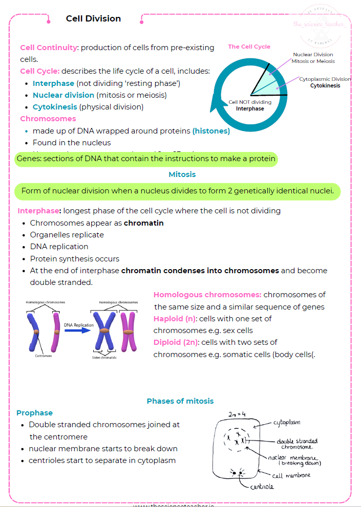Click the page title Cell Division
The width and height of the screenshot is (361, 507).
pos(93,19)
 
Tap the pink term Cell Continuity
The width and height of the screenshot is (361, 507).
pos(49,48)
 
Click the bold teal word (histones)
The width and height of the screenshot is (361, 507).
pos(211,131)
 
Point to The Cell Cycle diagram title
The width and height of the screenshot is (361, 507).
pos(249,47)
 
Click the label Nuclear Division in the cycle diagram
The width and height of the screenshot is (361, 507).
pos(313,54)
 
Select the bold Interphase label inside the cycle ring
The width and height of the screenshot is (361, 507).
pos(250,108)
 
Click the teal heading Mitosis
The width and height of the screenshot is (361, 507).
pos(182,174)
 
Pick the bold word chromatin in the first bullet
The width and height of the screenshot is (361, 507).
pos(143,223)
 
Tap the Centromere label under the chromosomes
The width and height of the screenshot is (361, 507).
pos(44,354)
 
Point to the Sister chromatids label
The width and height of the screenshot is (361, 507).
pos(104,357)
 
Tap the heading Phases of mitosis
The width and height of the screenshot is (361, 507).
pos(180,401)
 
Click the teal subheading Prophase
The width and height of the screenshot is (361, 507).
pos(34,413)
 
